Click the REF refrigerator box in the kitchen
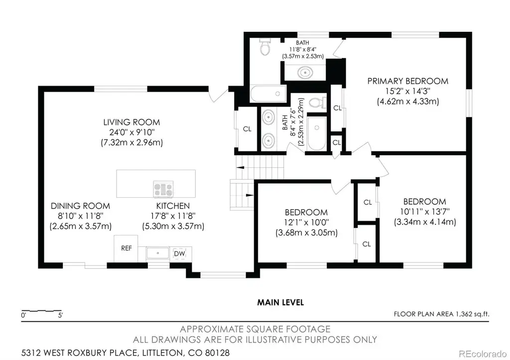(x=126, y=248)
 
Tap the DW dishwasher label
(x=179, y=253)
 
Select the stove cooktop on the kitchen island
(x=163, y=189)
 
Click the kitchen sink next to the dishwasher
(x=158, y=253)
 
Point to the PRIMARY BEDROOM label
(x=408, y=81)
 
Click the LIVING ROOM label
(x=131, y=122)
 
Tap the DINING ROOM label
(x=80, y=206)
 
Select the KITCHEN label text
(x=173, y=206)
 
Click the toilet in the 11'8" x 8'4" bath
(x=265, y=47)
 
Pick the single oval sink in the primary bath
(x=305, y=72)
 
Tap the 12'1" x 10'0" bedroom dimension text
(x=306, y=223)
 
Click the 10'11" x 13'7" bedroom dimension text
(x=425, y=212)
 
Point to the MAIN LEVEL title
(x=280, y=302)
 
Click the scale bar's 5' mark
(x=60, y=315)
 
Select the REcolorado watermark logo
(x=482, y=353)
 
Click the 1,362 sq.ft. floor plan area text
(x=472, y=314)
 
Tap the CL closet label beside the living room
(x=247, y=129)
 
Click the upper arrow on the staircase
(x=241, y=168)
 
